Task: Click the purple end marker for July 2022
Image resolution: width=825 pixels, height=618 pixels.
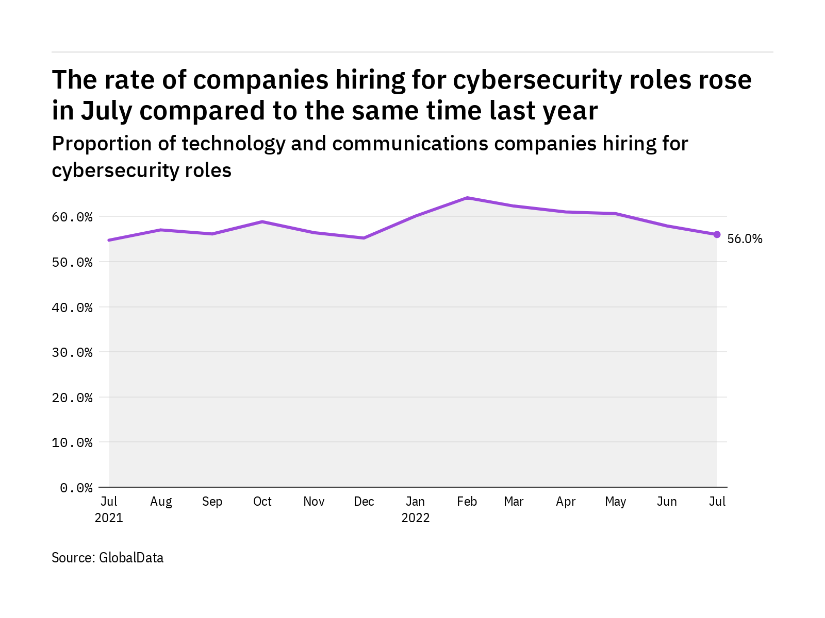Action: pyautogui.click(x=717, y=234)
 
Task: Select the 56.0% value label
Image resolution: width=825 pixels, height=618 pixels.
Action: pyautogui.click(x=745, y=238)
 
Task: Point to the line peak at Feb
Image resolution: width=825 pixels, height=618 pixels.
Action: pyautogui.click(x=467, y=198)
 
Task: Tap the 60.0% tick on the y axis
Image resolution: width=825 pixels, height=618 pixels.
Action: pyautogui.click(x=72, y=217)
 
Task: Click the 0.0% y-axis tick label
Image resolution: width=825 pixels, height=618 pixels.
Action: pyautogui.click(x=76, y=488)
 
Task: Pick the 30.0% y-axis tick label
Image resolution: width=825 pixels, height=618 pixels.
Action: pyautogui.click(x=72, y=353)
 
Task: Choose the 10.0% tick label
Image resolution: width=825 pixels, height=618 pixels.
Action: pyautogui.click(x=72, y=443)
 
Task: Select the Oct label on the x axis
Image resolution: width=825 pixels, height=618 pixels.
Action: pyautogui.click(x=262, y=502)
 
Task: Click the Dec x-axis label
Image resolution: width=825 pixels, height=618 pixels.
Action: pyautogui.click(x=364, y=502)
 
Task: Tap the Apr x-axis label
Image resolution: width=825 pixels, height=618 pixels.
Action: pyautogui.click(x=566, y=502)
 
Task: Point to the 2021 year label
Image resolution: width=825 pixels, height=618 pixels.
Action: pyautogui.click(x=109, y=518)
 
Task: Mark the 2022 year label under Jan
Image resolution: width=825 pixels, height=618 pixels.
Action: pyautogui.click(x=416, y=518)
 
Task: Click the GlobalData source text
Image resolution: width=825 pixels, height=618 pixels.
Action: pyautogui.click(x=131, y=558)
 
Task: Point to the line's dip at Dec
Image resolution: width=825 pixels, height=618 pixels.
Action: pyautogui.click(x=364, y=238)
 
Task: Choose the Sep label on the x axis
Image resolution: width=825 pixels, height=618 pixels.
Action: pyautogui.click(x=212, y=502)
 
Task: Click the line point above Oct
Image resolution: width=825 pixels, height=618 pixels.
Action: pyautogui.click(x=262, y=221)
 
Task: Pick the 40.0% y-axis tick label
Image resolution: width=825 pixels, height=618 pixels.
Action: pyautogui.click(x=72, y=308)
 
